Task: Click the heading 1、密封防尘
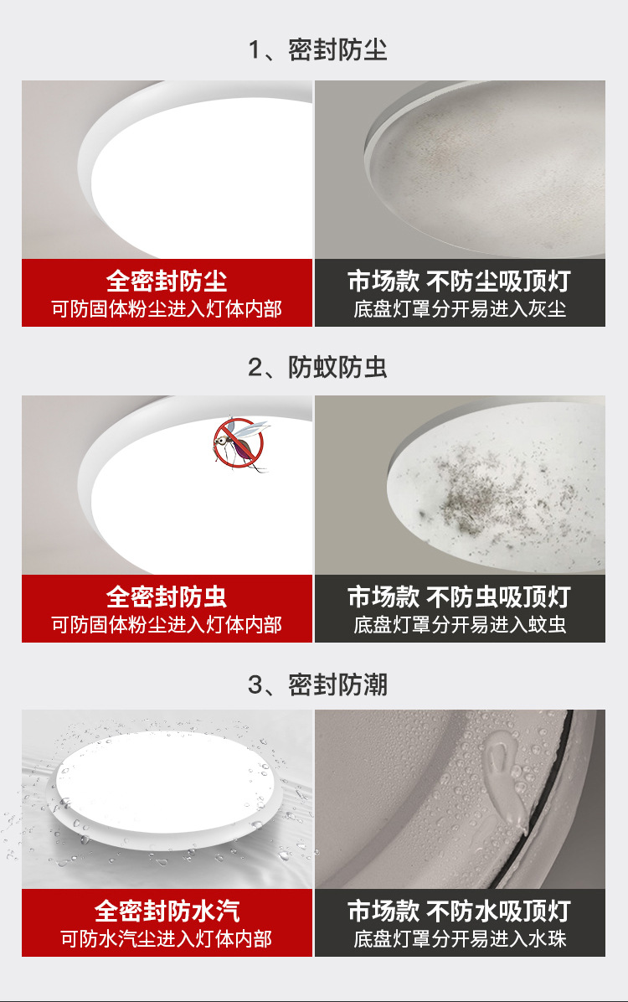(x=317, y=49)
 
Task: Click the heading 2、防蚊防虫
(x=317, y=366)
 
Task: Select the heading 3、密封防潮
(x=317, y=684)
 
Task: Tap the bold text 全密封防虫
(x=167, y=597)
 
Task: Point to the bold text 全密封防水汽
(x=167, y=912)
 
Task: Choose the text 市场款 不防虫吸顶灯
(x=460, y=597)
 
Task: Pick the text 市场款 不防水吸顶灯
(x=460, y=912)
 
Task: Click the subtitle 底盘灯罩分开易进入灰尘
(x=460, y=309)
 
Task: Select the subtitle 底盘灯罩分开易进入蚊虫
(x=460, y=624)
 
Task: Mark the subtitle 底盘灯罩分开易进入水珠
(x=460, y=939)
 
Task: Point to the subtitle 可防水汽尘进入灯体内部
(x=167, y=939)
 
